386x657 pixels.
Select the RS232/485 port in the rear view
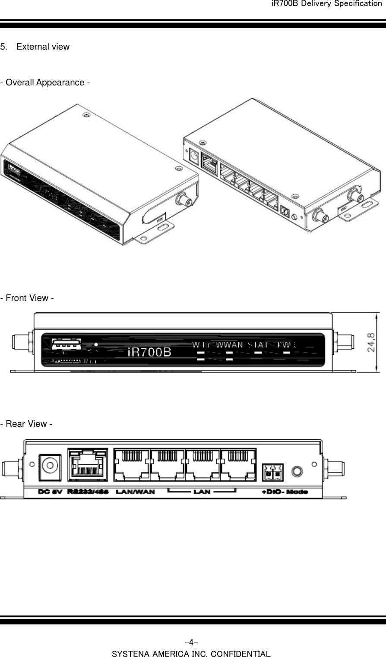88,466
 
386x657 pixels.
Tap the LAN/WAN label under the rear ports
135,492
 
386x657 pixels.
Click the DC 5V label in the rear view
51,492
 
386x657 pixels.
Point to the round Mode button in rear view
297,470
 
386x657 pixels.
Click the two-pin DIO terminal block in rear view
272,472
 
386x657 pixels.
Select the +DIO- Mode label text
285,492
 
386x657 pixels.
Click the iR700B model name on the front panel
150,352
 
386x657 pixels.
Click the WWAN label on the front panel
229,344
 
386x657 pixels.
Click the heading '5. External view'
35,47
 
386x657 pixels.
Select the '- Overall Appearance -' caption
45,82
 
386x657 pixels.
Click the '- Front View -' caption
27,298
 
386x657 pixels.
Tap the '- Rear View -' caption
26,424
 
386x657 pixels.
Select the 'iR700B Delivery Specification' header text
326,4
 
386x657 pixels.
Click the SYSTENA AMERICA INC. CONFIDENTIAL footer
191,654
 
